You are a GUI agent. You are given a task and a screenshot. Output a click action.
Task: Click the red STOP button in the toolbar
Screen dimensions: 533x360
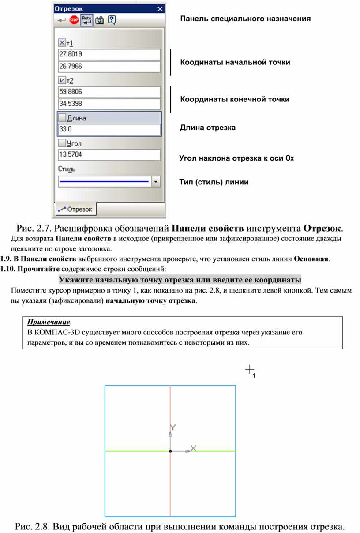[x=74, y=20]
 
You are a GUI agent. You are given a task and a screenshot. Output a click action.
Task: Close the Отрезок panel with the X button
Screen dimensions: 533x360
[x=160, y=8]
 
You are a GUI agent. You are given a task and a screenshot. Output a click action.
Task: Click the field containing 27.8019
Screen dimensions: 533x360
[x=109, y=54]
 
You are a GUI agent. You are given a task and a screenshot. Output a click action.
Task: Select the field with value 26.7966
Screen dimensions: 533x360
[x=109, y=66]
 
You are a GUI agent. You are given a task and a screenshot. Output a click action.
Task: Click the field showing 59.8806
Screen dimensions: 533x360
[x=109, y=92]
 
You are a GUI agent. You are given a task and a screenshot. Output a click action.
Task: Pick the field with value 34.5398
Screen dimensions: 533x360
[x=109, y=104]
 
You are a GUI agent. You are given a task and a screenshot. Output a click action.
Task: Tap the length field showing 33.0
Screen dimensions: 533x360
[x=109, y=130]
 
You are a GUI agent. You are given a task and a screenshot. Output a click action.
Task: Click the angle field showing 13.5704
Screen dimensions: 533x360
[x=109, y=155]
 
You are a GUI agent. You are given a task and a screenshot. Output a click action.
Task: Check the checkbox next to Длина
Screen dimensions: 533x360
[x=62, y=118]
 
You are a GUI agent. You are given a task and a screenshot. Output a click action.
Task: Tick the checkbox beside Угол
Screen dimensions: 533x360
[x=62, y=143]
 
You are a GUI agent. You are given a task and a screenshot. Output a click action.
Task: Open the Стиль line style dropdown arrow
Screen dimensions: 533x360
[x=155, y=181]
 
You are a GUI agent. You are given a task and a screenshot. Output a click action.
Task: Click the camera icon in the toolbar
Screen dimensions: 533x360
[x=100, y=20]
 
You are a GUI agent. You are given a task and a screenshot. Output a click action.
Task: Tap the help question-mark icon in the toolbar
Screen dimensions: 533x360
[x=112, y=20]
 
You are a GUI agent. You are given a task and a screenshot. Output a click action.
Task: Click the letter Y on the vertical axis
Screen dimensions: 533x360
[x=173, y=427]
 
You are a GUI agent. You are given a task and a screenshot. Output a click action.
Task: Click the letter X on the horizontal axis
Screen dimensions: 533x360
[x=193, y=448]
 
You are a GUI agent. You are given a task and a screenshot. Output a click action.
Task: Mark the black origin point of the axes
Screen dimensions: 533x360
[x=170, y=451]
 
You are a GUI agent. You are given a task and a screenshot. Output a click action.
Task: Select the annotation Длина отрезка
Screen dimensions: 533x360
[x=208, y=128]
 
